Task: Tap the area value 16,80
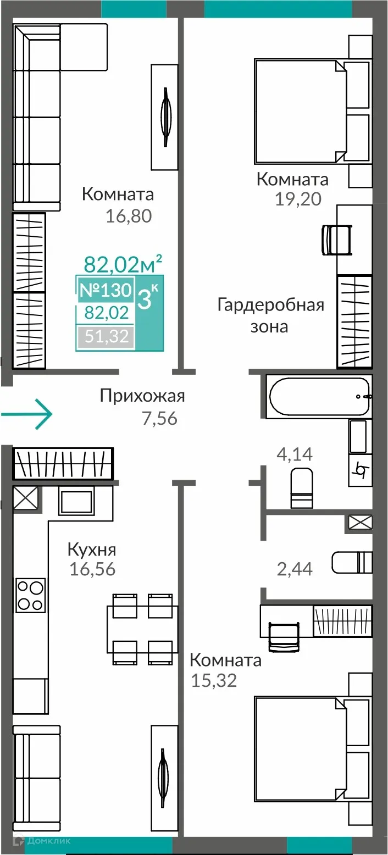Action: point(129,216)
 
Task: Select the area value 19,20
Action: point(298,198)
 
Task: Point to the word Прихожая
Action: point(142,396)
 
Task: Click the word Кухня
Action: point(92,549)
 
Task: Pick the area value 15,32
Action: point(213,681)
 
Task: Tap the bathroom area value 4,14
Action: point(294,454)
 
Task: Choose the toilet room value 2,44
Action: point(295,569)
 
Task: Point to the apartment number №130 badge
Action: point(105,290)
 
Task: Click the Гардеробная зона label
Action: point(270,315)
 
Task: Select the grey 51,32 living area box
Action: point(105,336)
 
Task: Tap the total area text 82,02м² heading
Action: point(123,264)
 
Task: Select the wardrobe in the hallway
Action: point(63,463)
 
